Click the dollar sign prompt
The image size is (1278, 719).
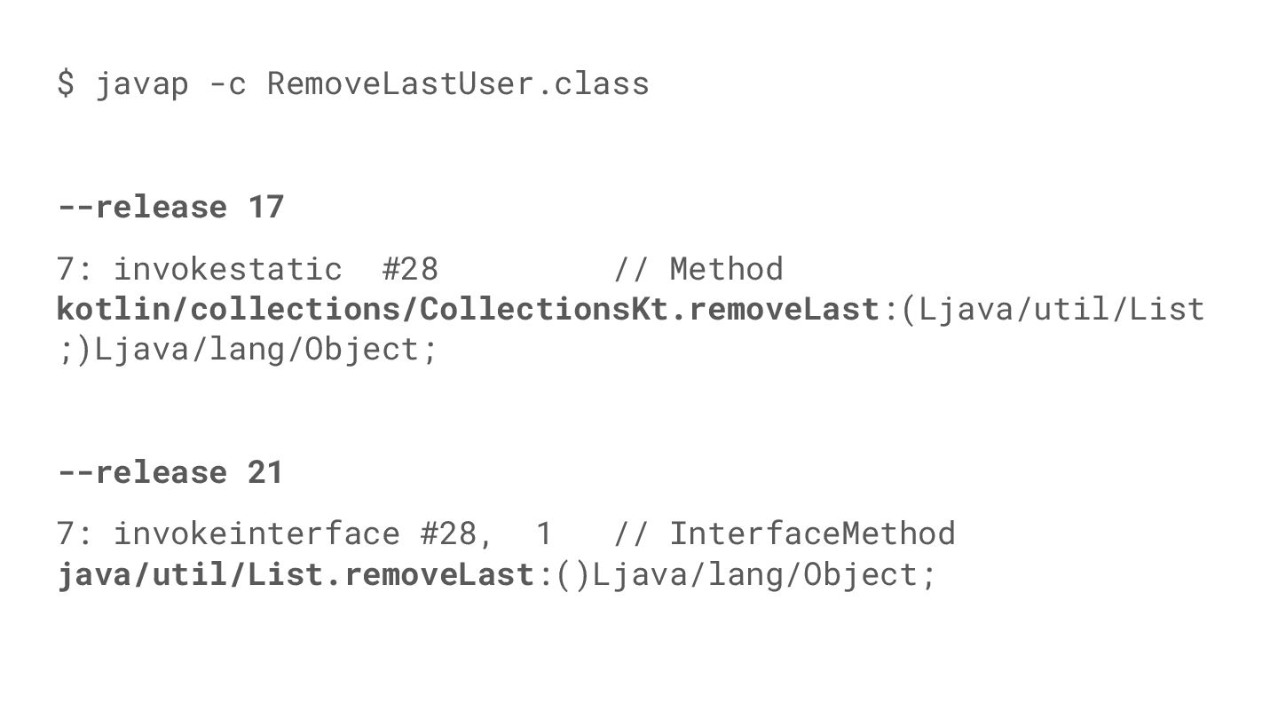[66, 83]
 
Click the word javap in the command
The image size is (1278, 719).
[142, 83]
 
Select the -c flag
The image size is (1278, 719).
[227, 83]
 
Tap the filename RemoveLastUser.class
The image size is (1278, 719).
[458, 83]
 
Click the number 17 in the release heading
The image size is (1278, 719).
[265, 207]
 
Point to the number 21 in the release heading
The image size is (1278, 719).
[265, 472]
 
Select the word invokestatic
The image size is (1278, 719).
[228, 269]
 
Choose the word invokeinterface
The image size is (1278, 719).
[256, 533]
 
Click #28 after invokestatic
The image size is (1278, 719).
[410, 269]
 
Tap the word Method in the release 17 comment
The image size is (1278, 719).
[726, 269]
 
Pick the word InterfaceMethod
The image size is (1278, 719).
[812, 533]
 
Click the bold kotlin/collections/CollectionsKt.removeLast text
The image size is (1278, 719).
[468, 309]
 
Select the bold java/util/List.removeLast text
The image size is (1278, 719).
[295, 574]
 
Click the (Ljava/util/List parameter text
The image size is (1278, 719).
[1053, 309]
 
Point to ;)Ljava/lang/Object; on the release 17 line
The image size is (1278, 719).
[248, 349]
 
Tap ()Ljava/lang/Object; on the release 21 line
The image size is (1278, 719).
[745, 574]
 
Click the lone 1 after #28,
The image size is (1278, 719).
[544, 533]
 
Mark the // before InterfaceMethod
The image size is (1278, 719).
[630, 533]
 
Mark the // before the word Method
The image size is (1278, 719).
[630, 269]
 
